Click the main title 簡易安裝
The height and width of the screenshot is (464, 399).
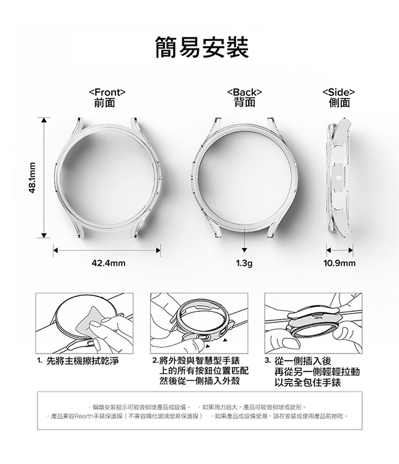click(x=202, y=47)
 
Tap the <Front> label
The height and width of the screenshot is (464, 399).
click(x=107, y=92)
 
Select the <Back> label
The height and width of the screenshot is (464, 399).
click(x=244, y=92)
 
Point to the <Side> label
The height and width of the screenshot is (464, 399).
click(x=339, y=92)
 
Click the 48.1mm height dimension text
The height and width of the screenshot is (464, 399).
click(x=33, y=177)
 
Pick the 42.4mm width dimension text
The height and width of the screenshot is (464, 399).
click(x=108, y=263)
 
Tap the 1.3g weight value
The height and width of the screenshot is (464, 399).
click(x=244, y=263)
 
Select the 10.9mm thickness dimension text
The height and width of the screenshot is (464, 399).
click(x=339, y=263)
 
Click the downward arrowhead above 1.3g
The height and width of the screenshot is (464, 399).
click(x=244, y=250)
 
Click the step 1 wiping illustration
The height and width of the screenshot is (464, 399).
click(x=84, y=323)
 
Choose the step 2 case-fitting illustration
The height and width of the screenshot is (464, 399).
click(x=199, y=323)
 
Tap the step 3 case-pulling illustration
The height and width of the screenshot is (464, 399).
click(x=314, y=323)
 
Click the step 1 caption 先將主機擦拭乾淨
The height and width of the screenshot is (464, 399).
click(x=83, y=361)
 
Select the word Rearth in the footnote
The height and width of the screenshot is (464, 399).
click(x=83, y=416)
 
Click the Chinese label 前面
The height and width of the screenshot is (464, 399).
click(x=104, y=102)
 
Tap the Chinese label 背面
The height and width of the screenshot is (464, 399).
click(x=244, y=102)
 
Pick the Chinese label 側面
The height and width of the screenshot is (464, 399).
click(x=339, y=102)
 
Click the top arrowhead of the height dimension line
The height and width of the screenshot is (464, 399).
click(x=44, y=120)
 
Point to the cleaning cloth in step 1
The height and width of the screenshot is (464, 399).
click(x=89, y=323)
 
